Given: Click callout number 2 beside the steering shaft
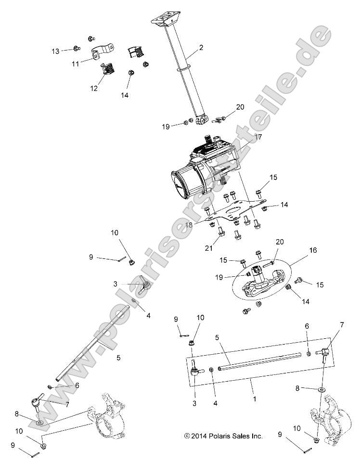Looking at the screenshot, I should [x=201, y=48].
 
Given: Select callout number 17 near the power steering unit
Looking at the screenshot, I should [x=258, y=137].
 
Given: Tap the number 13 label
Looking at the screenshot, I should [x=56, y=51].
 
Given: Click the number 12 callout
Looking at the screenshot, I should [x=94, y=88].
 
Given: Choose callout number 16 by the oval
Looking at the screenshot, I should [x=313, y=251].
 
